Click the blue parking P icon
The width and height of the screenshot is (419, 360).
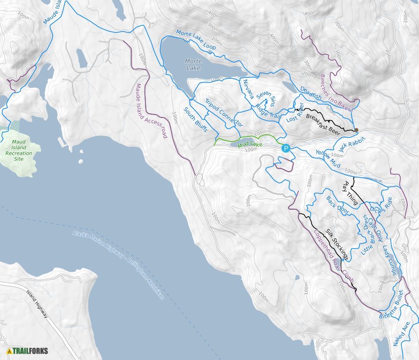[285, 148]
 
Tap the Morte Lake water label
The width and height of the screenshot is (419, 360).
[193, 65]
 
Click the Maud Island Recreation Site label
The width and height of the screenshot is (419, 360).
[19, 150]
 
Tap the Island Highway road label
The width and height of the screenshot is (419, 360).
[37, 304]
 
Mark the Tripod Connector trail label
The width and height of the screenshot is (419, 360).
[224, 113]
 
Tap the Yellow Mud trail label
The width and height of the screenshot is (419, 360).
[328, 158]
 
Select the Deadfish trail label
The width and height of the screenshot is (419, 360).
[311, 93]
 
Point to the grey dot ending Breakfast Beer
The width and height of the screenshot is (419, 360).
[356, 130]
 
